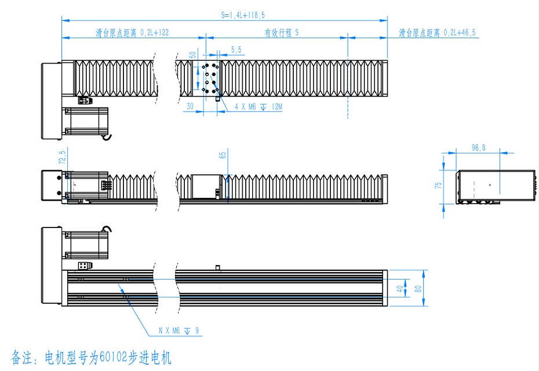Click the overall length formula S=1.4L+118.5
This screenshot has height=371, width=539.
243,15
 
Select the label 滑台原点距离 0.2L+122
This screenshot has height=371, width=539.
132,33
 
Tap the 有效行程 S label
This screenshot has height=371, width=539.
281,33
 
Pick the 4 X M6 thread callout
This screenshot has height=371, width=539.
258,107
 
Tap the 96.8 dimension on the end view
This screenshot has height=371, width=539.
478,149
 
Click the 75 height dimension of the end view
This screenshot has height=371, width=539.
439,185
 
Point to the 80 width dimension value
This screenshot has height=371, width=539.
418,288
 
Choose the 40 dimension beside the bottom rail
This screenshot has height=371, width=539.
399,288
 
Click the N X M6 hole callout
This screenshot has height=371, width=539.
179,331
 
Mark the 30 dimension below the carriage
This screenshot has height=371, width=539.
190,107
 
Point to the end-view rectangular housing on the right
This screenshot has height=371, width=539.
496,185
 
